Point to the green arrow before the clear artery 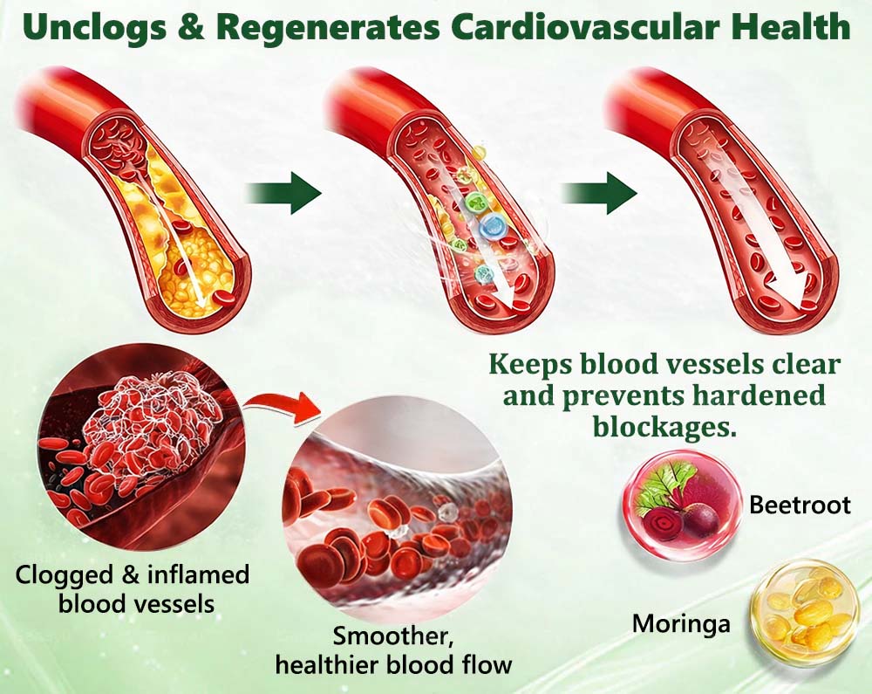point(599,193)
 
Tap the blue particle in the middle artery point(490,226)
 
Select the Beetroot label point(800,505)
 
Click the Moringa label point(681,623)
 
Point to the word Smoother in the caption point(392,636)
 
